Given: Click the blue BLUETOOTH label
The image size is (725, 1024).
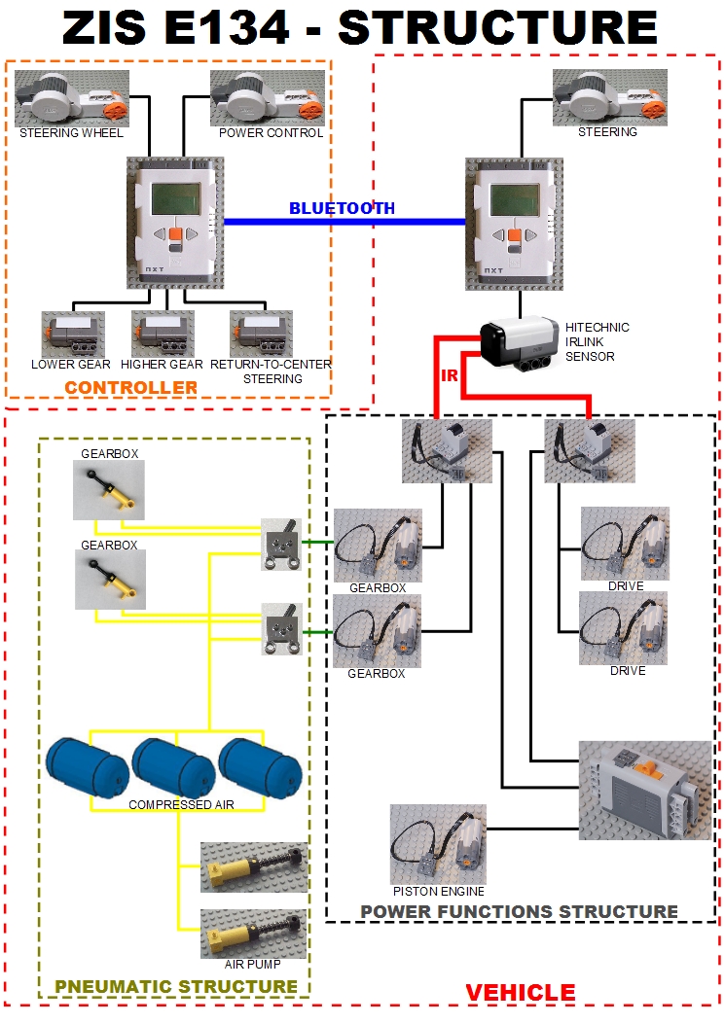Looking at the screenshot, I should click(342, 208).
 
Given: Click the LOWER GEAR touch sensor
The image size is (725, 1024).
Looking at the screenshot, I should click(73, 335).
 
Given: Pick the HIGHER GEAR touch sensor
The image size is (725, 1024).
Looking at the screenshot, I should click(163, 335).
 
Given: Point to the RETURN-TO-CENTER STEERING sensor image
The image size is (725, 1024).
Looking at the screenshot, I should click(261, 335).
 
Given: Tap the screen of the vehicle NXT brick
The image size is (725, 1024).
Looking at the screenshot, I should click(516, 200).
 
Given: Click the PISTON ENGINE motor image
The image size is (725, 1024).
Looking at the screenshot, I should click(438, 843).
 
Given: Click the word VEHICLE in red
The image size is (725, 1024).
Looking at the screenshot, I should click(520, 993).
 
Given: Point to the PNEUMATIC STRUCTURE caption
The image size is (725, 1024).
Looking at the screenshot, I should click(176, 986).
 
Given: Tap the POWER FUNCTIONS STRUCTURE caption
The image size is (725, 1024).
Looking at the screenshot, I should click(519, 911).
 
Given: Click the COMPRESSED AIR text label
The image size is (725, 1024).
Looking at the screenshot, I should click(181, 805).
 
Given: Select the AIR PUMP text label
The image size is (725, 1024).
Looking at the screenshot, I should click(253, 965).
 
